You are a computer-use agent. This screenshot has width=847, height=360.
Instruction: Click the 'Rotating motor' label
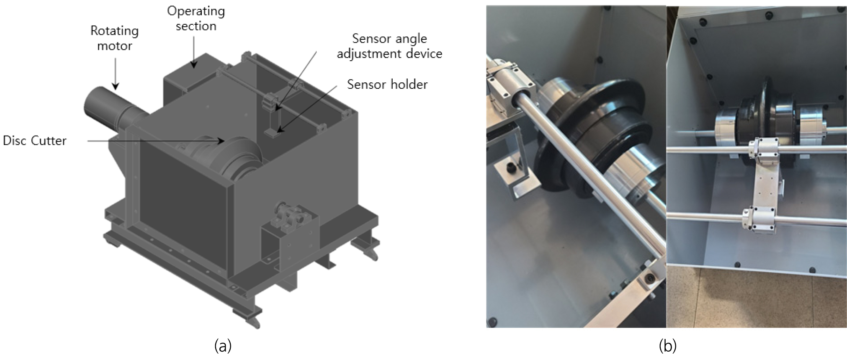(114, 38)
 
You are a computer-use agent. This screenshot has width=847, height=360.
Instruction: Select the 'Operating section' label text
(196, 18)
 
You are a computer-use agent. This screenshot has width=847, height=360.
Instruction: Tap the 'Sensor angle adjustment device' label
(389, 46)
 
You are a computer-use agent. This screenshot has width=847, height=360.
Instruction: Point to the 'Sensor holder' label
(387, 85)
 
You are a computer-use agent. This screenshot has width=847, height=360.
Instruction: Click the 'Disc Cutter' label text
(35, 141)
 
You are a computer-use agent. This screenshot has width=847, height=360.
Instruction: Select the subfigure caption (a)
(222, 346)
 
